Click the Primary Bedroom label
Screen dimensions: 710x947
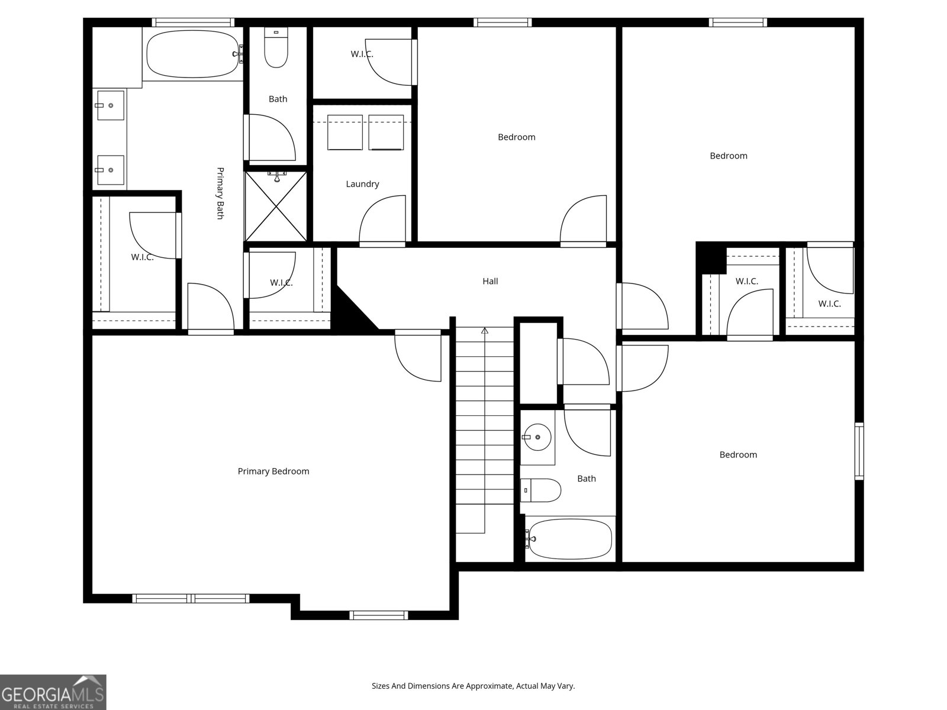pyautogui.click(x=273, y=472)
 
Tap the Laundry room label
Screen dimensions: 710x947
pyautogui.click(x=362, y=184)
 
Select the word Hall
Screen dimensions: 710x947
pyautogui.click(x=490, y=282)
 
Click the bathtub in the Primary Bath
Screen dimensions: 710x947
pyautogui.click(x=192, y=54)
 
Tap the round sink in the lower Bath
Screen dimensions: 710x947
pyautogui.click(x=537, y=437)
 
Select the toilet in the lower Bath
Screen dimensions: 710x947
pyautogui.click(x=541, y=490)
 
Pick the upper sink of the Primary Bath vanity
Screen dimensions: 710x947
pyautogui.click(x=110, y=105)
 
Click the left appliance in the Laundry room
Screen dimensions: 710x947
pyautogui.click(x=345, y=133)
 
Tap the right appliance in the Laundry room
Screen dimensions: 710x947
pyautogui.click(x=386, y=133)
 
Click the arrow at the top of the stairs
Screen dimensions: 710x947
pyautogui.click(x=485, y=331)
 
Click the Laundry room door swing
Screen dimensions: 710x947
pyautogui.click(x=382, y=220)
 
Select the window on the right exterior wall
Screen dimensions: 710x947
pyautogui.click(x=859, y=451)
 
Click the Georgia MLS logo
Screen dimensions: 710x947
pyautogui.click(x=53, y=692)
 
